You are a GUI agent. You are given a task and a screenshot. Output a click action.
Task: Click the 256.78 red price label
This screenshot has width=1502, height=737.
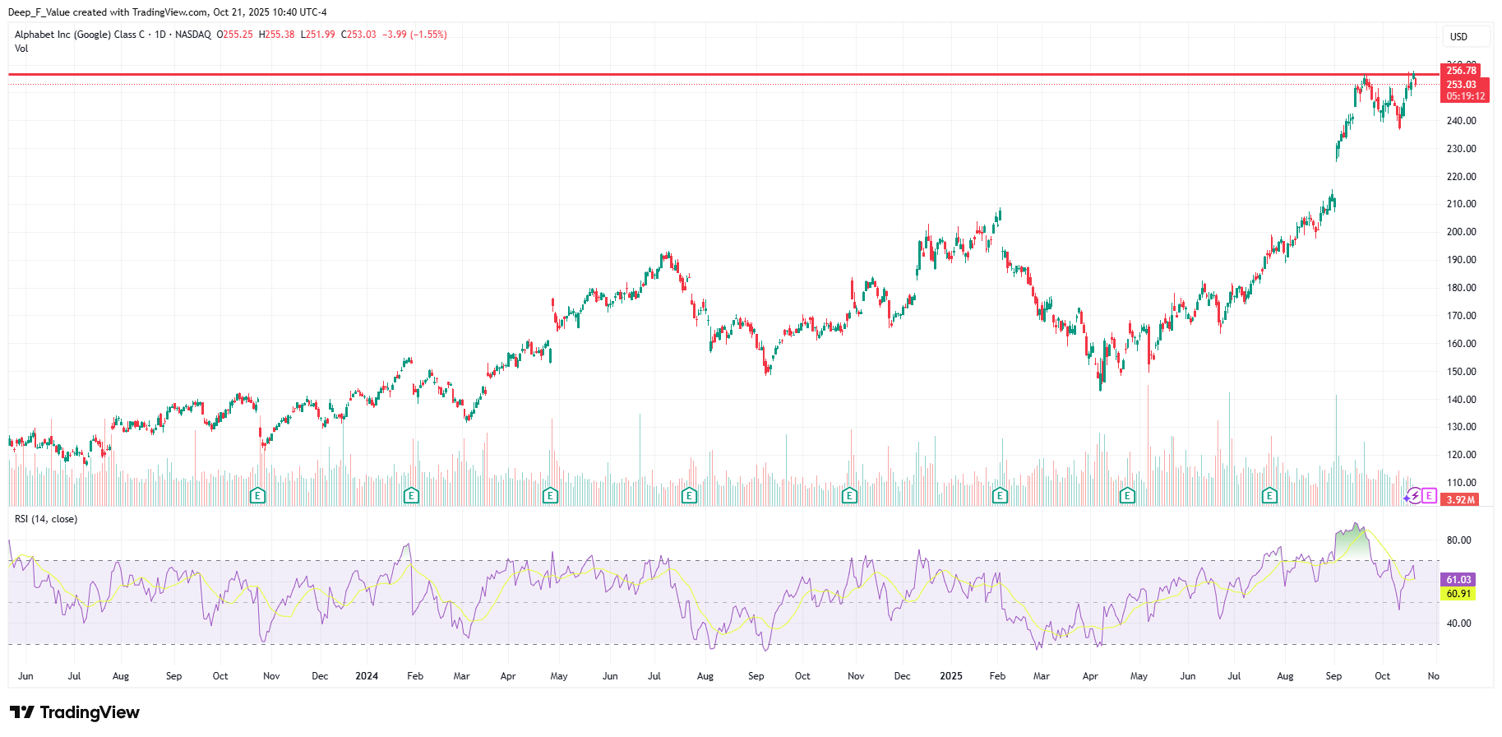click(1461, 71)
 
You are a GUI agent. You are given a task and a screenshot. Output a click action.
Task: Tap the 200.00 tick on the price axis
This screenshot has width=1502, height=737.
click(1461, 232)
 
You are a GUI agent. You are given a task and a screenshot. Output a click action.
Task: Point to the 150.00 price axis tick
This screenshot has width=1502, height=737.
click(1461, 372)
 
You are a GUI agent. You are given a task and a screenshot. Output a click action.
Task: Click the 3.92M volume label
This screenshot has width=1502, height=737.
click(1461, 500)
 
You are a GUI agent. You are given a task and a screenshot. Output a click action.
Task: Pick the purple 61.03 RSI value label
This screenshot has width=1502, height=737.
click(1458, 580)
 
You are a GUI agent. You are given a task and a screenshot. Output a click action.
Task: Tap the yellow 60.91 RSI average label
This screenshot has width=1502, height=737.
click(1458, 594)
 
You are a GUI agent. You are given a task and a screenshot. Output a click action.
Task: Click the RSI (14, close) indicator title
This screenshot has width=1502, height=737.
click(46, 519)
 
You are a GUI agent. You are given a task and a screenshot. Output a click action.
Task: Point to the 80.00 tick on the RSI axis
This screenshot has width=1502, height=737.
click(1458, 540)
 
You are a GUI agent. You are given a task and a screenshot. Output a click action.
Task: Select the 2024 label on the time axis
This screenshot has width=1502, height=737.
click(366, 676)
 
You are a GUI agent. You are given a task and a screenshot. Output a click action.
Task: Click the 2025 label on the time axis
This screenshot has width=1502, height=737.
click(950, 676)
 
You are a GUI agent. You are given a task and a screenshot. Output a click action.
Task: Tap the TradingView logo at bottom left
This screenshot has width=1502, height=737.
click(75, 712)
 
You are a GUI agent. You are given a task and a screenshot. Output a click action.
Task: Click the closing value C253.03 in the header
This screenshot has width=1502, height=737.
click(358, 35)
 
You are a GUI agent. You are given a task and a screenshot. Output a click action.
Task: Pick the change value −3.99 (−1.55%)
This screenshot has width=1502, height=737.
click(414, 35)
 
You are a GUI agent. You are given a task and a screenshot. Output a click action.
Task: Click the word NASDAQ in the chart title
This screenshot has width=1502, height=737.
click(192, 35)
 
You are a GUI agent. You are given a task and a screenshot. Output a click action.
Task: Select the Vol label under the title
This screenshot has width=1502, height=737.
click(21, 49)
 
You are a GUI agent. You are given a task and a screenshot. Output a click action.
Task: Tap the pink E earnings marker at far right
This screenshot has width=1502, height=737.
click(1429, 496)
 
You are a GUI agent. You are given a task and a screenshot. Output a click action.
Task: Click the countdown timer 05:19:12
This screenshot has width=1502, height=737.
click(1465, 96)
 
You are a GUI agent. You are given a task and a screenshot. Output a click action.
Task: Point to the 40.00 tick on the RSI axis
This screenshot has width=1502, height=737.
click(1458, 623)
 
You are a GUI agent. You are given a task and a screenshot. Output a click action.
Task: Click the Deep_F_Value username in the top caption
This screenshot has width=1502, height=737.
click(39, 12)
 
